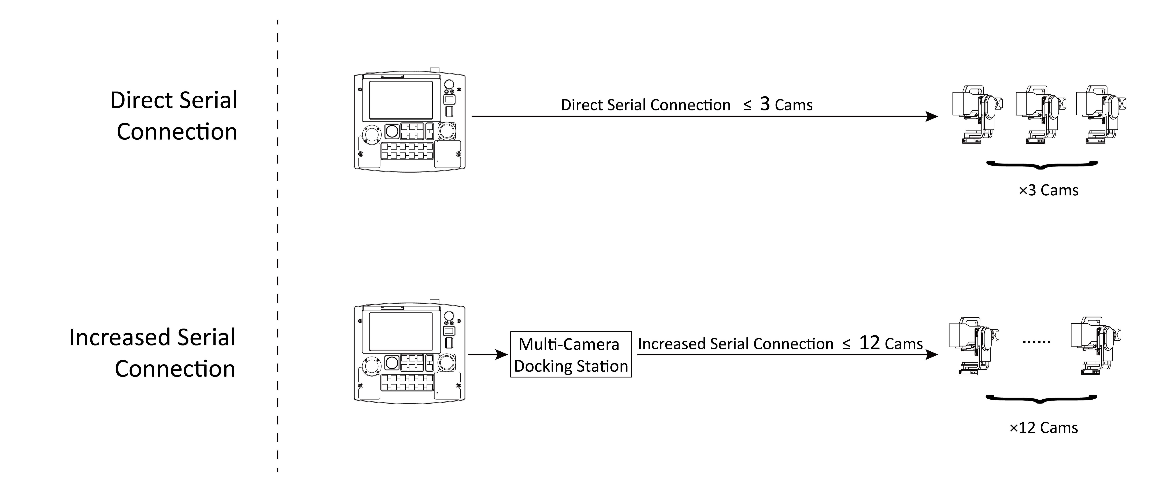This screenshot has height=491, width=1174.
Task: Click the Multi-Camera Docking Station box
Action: [x=571, y=354]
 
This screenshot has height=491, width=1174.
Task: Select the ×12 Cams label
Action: [x=1044, y=428]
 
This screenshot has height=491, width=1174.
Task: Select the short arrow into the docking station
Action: [x=488, y=354]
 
